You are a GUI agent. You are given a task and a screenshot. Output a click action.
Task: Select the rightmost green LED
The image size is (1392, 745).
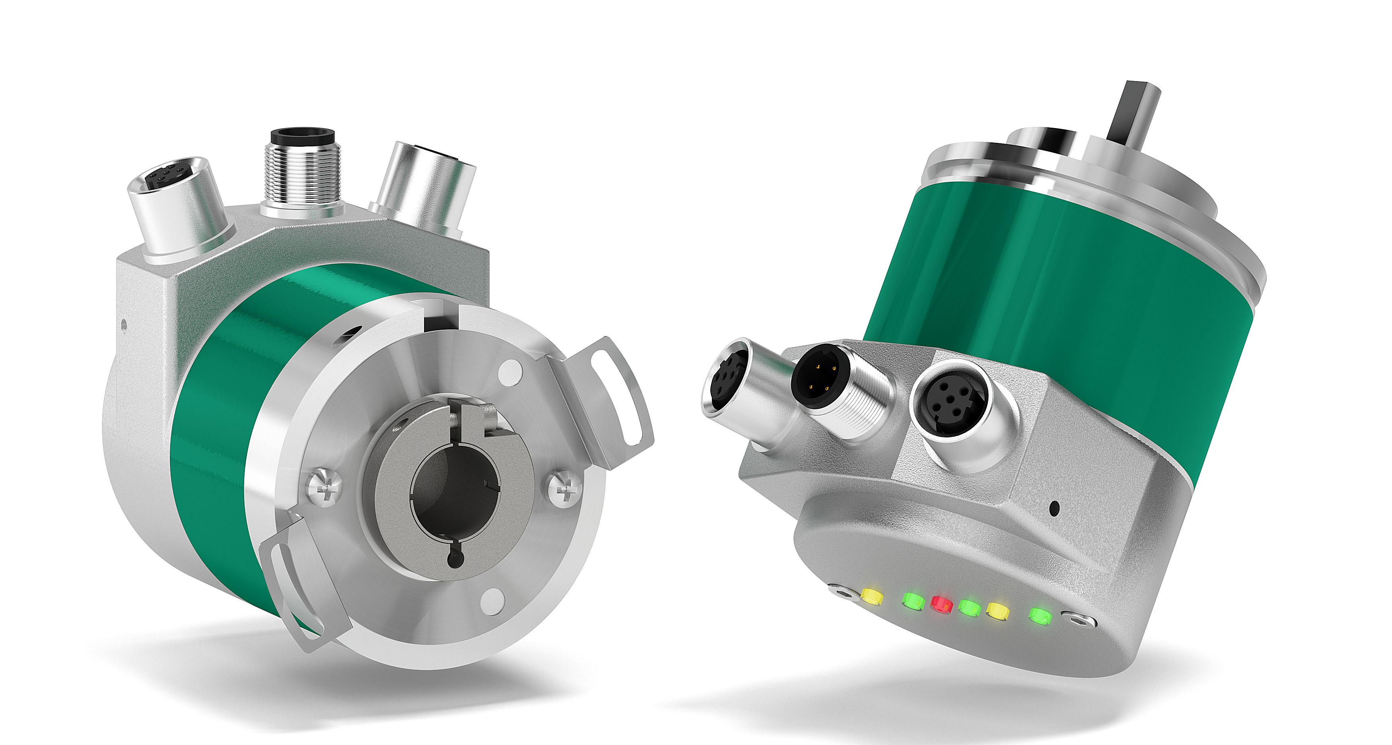pos(1040,616)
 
